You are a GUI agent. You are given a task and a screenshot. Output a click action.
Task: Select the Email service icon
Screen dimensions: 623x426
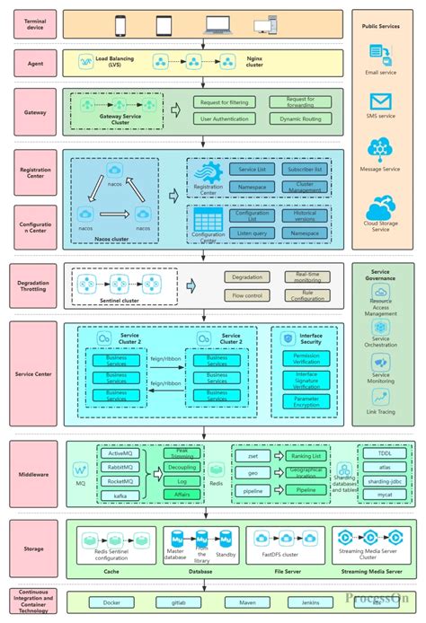tap(383, 56)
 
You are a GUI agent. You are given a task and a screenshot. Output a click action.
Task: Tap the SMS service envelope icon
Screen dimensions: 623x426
tap(383, 100)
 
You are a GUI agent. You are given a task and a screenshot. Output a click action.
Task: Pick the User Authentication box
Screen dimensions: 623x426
tap(226, 118)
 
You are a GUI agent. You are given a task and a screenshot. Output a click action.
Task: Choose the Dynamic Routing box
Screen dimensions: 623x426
tap(300, 118)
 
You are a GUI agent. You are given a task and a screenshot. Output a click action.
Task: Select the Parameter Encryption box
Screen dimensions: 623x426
tap(306, 403)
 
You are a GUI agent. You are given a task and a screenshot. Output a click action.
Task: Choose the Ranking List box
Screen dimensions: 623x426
tap(306, 456)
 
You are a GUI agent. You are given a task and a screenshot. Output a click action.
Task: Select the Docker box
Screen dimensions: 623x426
tap(111, 602)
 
